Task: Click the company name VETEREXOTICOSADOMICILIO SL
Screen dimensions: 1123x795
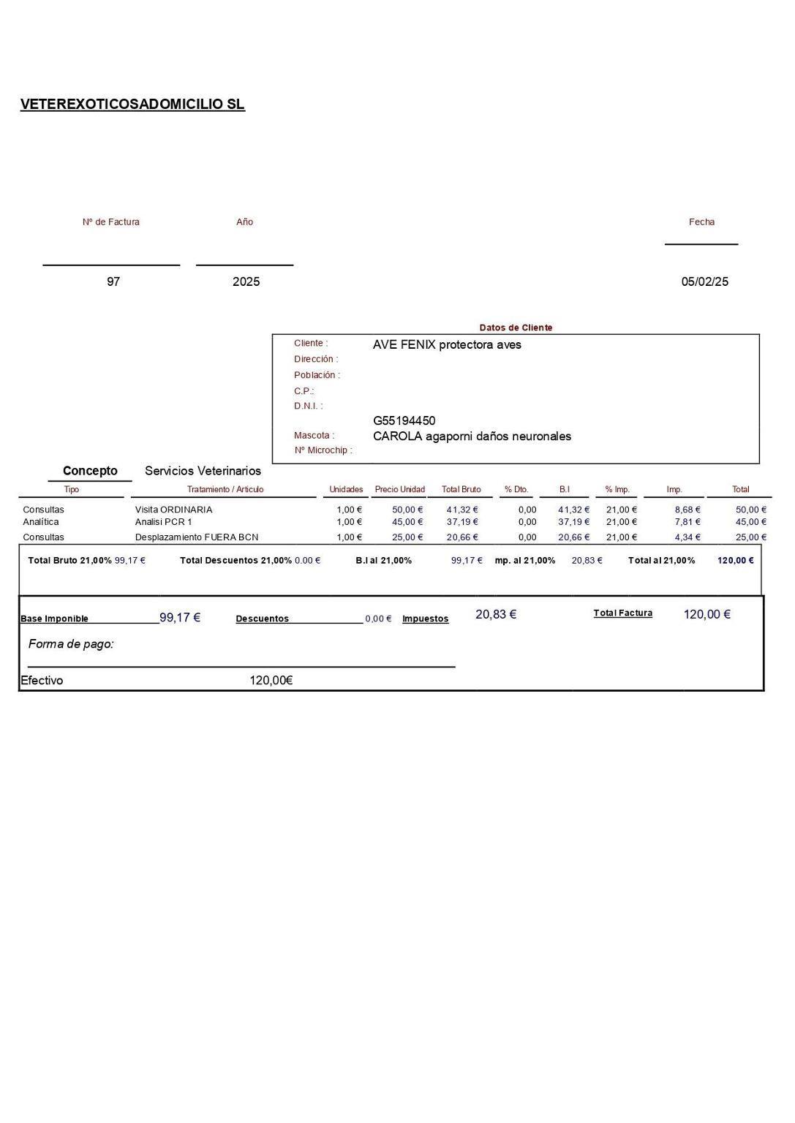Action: pyautogui.click(x=132, y=105)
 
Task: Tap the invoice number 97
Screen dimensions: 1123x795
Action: pyautogui.click(x=113, y=281)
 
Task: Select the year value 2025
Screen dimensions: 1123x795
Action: pyautogui.click(x=246, y=281)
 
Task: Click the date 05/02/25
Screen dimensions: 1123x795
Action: pyautogui.click(x=704, y=281)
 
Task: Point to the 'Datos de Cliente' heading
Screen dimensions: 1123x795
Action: pyautogui.click(x=516, y=328)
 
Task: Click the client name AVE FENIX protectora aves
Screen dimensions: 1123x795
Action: pyautogui.click(x=447, y=344)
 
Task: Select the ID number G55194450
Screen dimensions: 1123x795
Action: pyautogui.click(x=404, y=420)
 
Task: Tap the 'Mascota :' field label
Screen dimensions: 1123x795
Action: pyautogui.click(x=314, y=436)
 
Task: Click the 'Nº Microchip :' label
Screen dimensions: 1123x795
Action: pyautogui.click(x=323, y=450)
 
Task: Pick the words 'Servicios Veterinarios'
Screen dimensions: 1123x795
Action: pyautogui.click(x=203, y=471)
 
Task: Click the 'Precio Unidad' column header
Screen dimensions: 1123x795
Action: pyautogui.click(x=399, y=489)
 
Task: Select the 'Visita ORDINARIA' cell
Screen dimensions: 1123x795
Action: pyautogui.click(x=173, y=510)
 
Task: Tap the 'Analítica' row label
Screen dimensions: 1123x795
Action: pyautogui.click(x=41, y=522)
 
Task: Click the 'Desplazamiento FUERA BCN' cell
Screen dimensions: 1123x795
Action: pyautogui.click(x=196, y=537)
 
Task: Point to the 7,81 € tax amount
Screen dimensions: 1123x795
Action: pyautogui.click(x=687, y=522)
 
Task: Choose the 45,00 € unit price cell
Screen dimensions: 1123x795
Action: pyautogui.click(x=407, y=522)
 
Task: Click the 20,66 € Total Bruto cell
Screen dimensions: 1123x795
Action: pyautogui.click(x=461, y=537)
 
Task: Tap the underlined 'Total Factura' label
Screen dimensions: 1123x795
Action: pyautogui.click(x=622, y=613)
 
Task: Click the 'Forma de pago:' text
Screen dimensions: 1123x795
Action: pyautogui.click(x=71, y=644)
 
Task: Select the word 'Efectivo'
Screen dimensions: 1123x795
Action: pyautogui.click(x=42, y=681)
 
